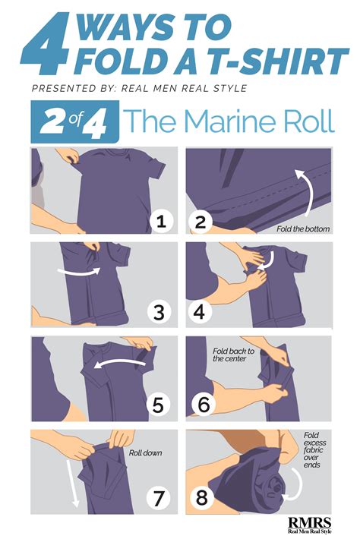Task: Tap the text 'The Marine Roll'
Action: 229,122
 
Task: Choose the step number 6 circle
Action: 201,405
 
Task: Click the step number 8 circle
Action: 201,499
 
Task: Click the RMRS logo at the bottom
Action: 311,523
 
